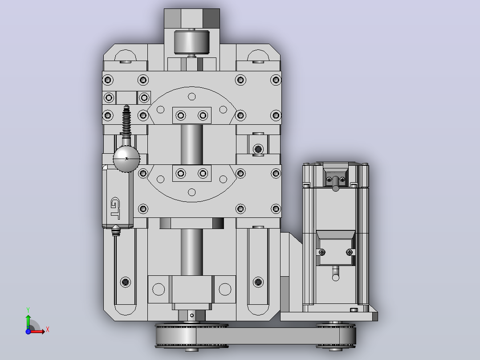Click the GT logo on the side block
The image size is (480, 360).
tap(115, 209)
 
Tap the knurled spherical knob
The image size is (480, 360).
tap(126, 159)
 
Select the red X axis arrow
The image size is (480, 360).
tap(37, 331)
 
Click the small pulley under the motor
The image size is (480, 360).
tap(336, 336)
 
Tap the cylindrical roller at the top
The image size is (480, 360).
tap(191, 42)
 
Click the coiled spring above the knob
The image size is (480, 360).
tap(126, 120)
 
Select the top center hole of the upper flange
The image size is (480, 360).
tap(191, 97)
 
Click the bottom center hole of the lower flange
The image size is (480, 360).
tap(191, 192)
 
